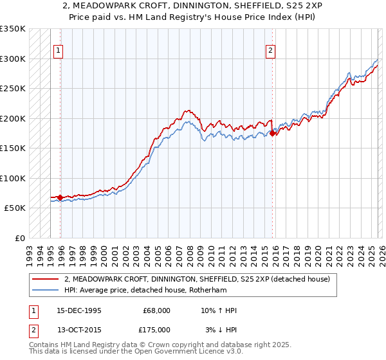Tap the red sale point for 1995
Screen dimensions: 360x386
[x=60, y=197]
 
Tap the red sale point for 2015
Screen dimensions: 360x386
[x=272, y=133]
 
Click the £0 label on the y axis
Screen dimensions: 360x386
[x=19, y=238]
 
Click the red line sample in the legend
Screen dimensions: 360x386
[x=46, y=279]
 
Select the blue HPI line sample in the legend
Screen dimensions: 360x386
[x=46, y=290]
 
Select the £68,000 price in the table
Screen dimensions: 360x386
[x=157, y=310]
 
